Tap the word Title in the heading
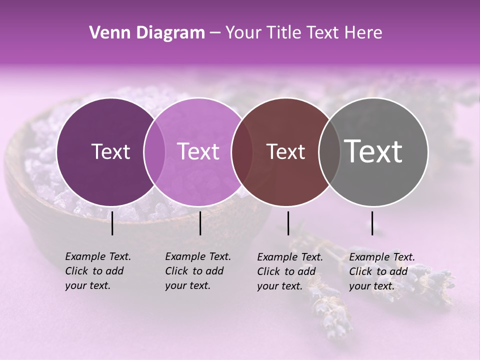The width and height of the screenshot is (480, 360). point(284,33)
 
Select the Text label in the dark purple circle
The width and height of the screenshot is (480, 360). point(110,151)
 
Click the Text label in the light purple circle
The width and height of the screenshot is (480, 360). point(198,151)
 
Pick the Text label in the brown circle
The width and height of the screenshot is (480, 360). point(286,151)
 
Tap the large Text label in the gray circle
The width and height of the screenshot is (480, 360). point(373,151)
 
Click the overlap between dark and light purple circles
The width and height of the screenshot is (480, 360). point(154,151)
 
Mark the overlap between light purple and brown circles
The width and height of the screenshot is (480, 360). point(242,151)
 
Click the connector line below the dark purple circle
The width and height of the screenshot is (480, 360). point(112,223)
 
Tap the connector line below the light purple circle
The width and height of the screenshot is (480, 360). point(200,223)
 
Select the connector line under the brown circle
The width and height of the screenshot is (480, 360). point(288,223)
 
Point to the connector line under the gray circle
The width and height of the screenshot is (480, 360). point(372,223)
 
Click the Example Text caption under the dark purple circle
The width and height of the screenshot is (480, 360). point(97,271)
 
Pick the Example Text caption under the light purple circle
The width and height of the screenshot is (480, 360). point(197,271)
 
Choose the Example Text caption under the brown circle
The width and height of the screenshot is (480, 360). point(289,271)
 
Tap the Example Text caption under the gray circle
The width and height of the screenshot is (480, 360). point(381,271)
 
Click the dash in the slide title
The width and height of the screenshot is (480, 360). point(215,33)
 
